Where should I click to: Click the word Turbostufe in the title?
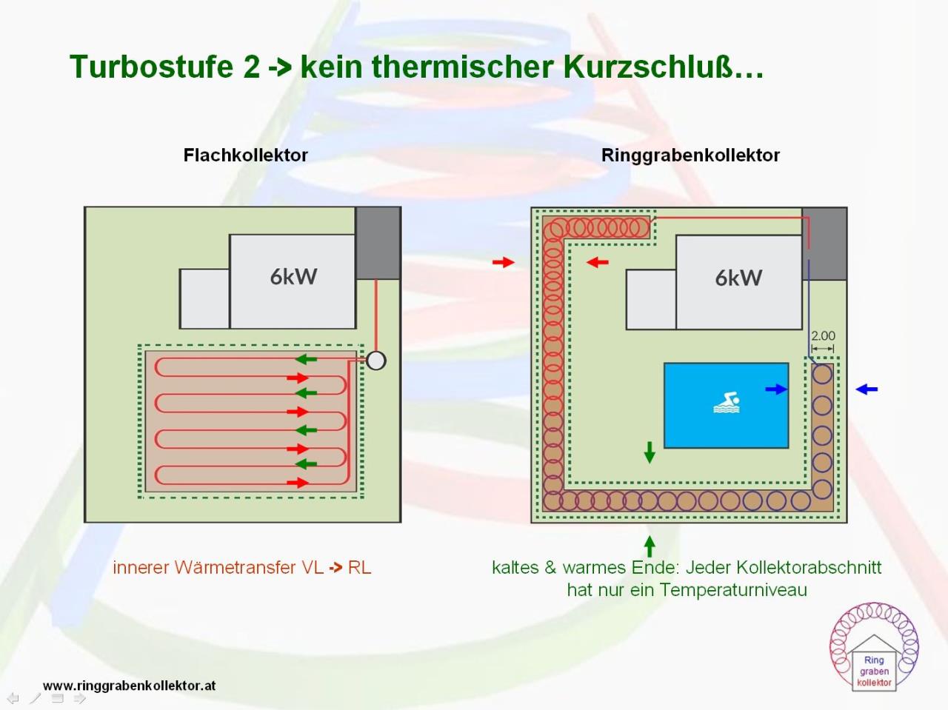pyautogui.click(x=164, y=67)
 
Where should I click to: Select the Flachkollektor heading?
pyautogui.click(x=245, y=155)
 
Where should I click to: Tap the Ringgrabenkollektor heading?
pyautogui.click(x=690, y=155)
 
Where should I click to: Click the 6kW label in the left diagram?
pyautogui.click(x=294, y=277)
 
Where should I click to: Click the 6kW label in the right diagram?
pyautogui.click(x=739, y=278)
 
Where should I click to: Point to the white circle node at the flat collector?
pyautogui.click(x=375, y=361)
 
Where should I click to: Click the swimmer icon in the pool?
pyautogui.click(x=727, y=403)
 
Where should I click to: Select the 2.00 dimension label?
pyautogui.click(x=823, y=336)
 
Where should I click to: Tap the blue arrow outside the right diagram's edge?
pyautogui.click(x=867, y=389)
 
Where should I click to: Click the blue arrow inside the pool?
pyautogui.click(x=776, y=389)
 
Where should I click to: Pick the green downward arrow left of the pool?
pyautogui.click(x=650, y=452)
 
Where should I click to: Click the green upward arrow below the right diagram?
pyautogui.click(x=650, y=546)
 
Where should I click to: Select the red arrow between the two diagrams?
pyautogui.click(x=504, y=262)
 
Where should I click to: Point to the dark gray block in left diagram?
pyautogui.click(x=378, y=244)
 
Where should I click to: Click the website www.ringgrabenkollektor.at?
pyautogui.click(x=129, y=686)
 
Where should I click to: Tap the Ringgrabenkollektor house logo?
pyautogui.click(x=874, y=647)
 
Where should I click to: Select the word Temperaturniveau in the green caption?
pyautogui.click(x=733, y=590)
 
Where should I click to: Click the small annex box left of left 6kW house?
pyautogui.click(x=204, y=298)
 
